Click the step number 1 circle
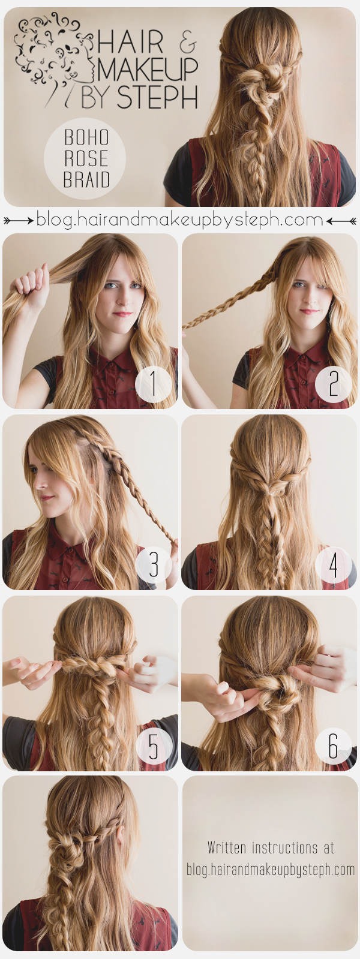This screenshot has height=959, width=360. (x=154, y=384)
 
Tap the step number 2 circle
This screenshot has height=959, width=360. (x=333, y=384)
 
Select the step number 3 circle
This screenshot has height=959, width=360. (x=154, y=564)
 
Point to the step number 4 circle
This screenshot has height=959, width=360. (x=333, y=564)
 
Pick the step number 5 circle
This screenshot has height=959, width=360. (x=154, y=747)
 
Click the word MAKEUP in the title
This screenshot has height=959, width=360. (x=148, y=70)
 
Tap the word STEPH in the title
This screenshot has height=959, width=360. (x=157, y=98)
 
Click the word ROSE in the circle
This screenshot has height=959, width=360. (x=86, y=159)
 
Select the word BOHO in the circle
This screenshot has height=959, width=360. (x=86, y=138)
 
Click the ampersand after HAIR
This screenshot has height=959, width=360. (x=187, y=43)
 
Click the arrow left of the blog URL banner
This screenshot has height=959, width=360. (x=19, y=221)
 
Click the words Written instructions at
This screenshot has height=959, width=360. (x=271, y=848)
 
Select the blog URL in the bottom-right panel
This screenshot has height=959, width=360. (x=271, y=869)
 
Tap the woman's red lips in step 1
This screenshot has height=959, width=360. (x=122, y=314)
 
